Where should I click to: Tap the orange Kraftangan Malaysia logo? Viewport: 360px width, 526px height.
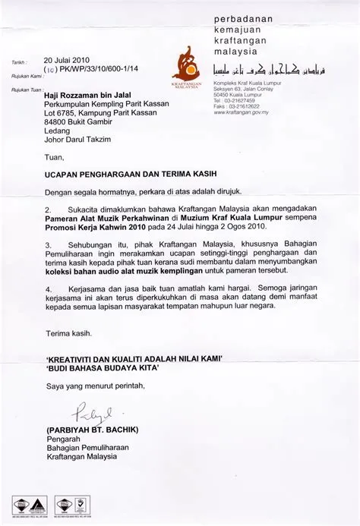(185, 65)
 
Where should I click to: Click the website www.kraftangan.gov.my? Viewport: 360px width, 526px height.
(243, 111)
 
